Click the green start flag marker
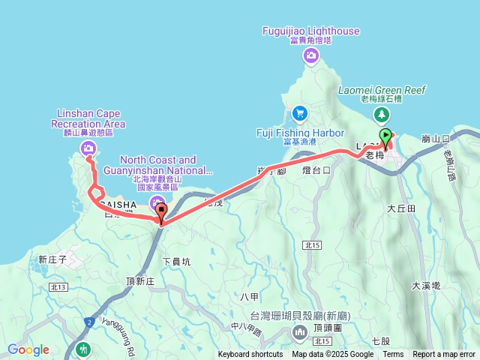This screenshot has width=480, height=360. click(386, 136)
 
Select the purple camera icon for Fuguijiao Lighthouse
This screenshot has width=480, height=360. click(310, 55)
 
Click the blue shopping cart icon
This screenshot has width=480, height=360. click(300, 112)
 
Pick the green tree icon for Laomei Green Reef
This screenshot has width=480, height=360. click(382, 113)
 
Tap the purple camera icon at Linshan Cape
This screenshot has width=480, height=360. click(89, 148)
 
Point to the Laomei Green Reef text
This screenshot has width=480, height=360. click(382, 90)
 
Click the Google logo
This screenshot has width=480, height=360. click(28, 349)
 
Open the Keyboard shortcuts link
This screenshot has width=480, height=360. click(250, 355)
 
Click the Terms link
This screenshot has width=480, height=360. click(393, 355)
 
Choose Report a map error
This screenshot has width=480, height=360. click(444, 355)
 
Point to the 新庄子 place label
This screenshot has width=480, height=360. click(52, 259)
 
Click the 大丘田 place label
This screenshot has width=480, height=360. click(401, 208)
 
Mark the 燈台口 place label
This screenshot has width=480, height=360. click(316, 170)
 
